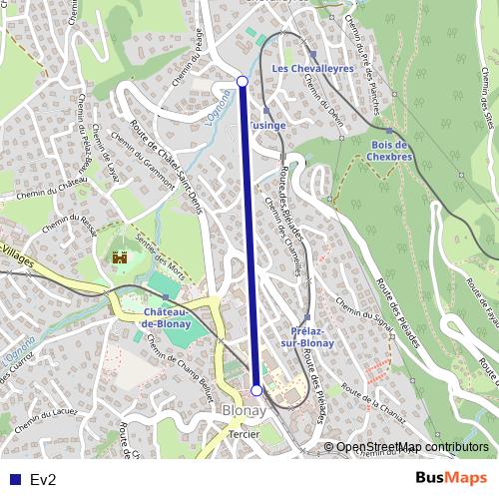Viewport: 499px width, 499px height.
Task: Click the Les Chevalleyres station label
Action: (x=313, y=68)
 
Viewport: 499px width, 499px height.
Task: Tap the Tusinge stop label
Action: (x=267, y=125)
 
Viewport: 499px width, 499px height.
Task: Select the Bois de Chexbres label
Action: (x=391, y=150)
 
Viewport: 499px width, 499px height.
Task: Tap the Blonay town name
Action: (x=244, y=411)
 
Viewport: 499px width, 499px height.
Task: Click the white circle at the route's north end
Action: (x=242, y=81)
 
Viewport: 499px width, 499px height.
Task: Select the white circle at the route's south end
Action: (x=256, y=390)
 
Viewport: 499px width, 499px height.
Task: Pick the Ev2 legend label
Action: (x=43, y=480)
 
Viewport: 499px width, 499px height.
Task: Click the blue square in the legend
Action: (x=14, y=480)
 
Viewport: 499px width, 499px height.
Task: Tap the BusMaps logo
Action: (x=451, y=479)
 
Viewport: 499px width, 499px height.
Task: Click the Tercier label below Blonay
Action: (x=244, y=435)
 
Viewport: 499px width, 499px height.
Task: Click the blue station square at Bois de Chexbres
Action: (x=389, y=130)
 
